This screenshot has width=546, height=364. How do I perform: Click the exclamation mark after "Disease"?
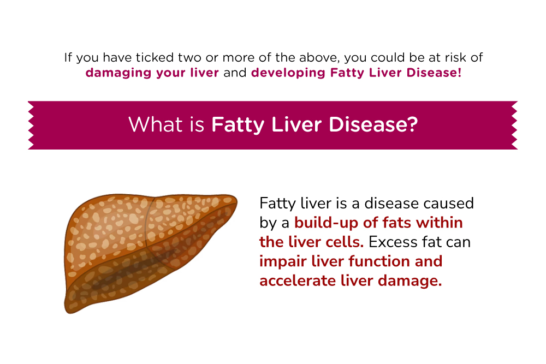point(459,73)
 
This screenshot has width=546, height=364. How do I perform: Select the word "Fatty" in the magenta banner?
point(234,124)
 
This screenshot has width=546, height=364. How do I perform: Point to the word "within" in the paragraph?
point(438,223)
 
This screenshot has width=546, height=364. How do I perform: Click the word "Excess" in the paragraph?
point(396,242)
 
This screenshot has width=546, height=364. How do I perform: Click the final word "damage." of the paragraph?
point(413,281)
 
